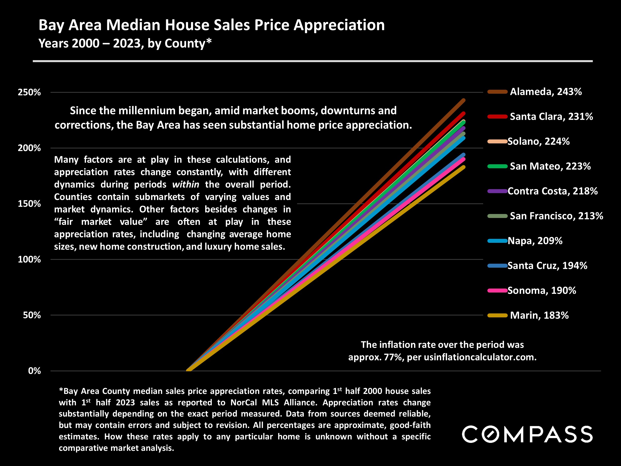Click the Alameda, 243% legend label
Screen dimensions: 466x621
(545, 92)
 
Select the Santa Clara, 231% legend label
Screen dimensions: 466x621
(551, 117)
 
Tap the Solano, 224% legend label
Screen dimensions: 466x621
(539, 141)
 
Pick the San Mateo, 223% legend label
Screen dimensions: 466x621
(550, 166)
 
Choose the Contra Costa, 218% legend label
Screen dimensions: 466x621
(552, 191)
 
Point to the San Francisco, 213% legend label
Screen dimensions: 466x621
(556, 216)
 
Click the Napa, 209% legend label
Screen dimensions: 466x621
(535, 241)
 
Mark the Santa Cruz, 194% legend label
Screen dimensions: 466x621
(547, 266)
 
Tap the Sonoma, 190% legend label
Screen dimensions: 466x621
(542, 291)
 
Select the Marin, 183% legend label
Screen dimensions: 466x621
(539, 315)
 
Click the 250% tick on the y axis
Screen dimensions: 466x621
(29, 92)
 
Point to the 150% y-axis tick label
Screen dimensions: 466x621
(29, 204)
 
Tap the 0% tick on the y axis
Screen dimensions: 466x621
(34, 371)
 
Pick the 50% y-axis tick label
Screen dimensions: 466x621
(32, 315)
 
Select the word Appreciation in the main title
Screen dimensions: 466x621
(339, 25)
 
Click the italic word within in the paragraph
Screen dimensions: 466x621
(186, 185)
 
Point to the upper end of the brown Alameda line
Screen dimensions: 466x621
(464, 100)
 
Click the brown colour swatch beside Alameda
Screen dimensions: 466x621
(497, 92)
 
